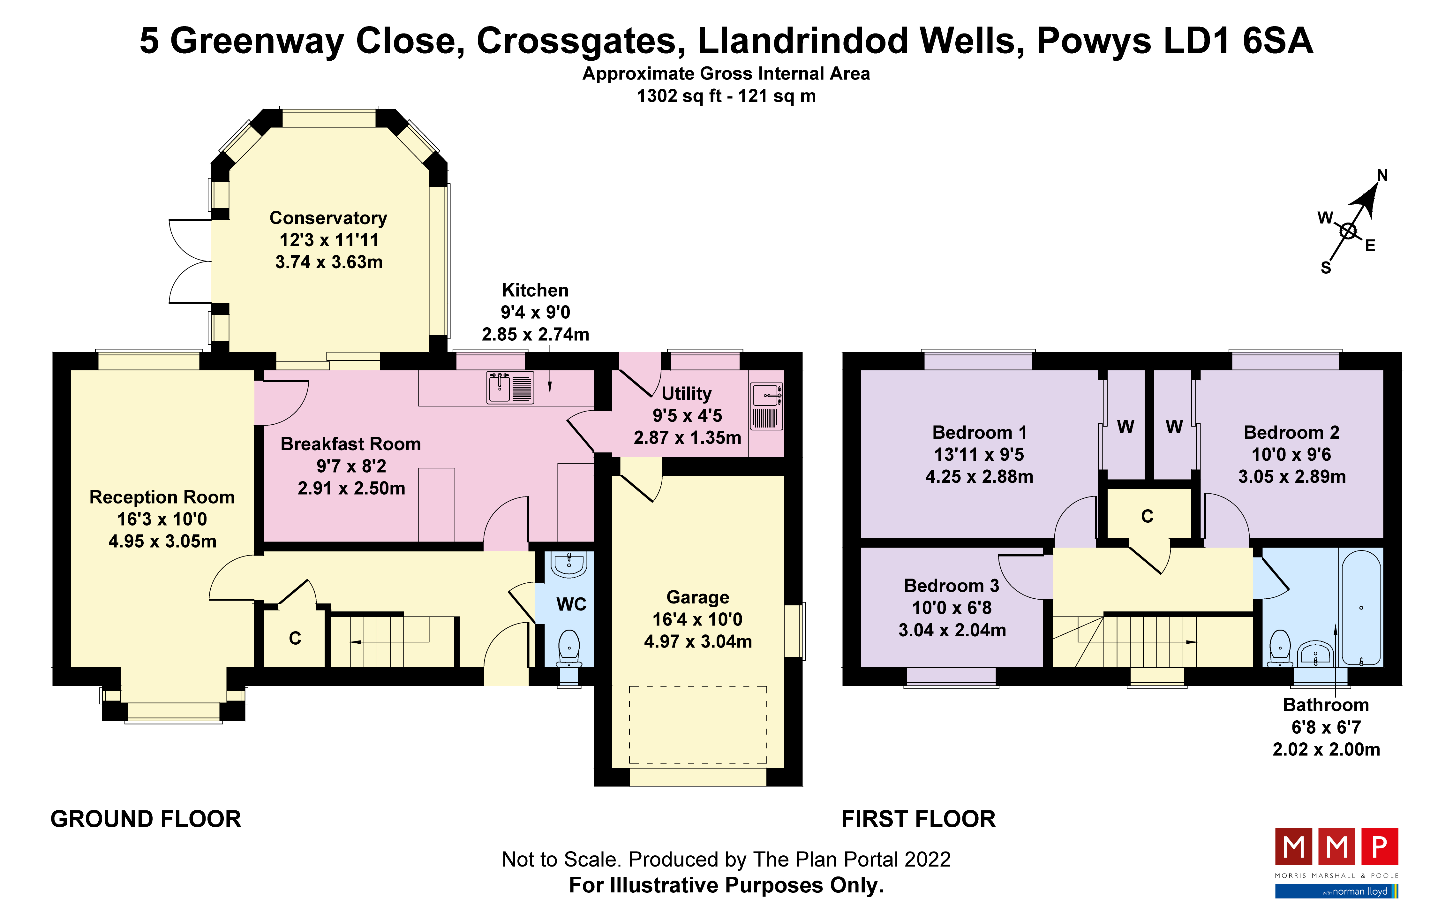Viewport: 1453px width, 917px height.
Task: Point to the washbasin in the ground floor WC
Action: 568,563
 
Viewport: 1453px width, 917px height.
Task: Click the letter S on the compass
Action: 1326,268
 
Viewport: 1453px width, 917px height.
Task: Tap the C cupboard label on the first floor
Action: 1147,517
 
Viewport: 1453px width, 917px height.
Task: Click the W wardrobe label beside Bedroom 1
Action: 1126,427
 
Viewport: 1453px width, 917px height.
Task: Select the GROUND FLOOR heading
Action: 146,819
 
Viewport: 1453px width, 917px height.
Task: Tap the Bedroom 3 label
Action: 952,586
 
